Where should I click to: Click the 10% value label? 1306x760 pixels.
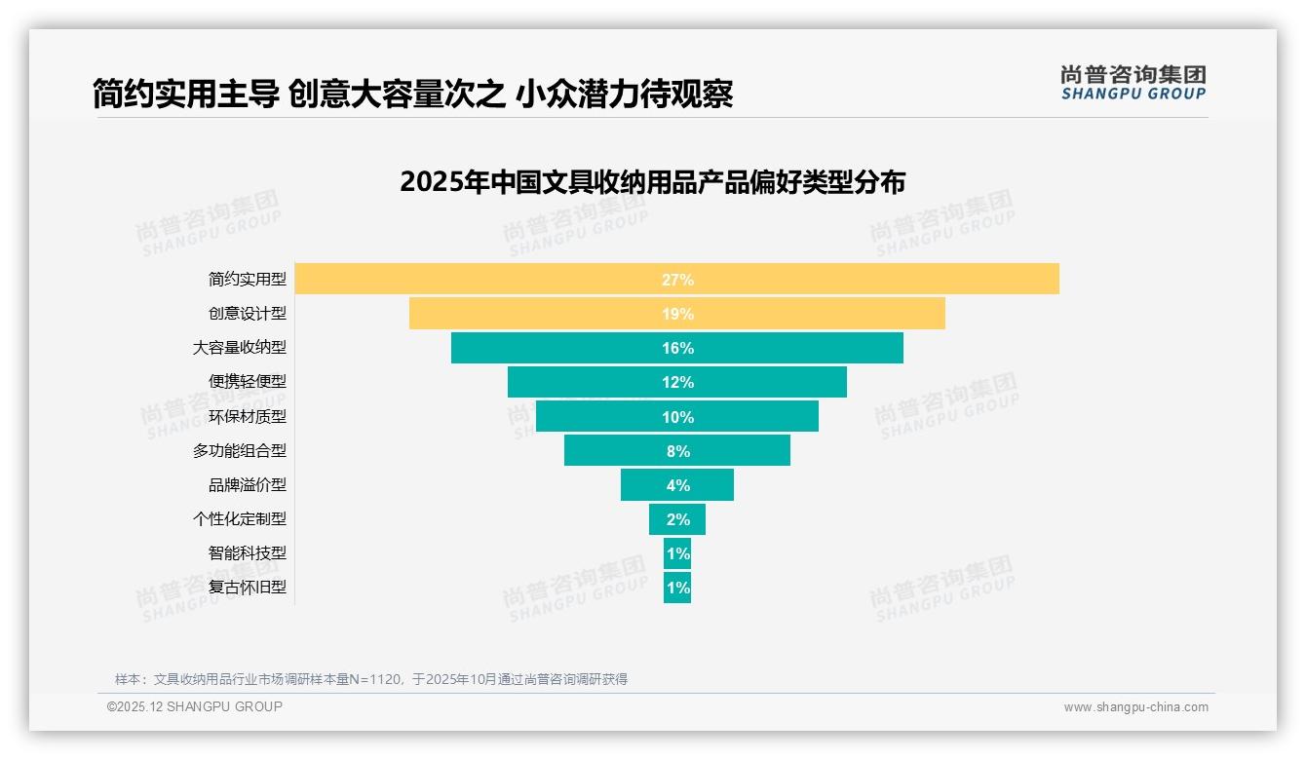tap(677, 417)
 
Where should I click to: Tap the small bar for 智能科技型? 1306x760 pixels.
tap(677, 553)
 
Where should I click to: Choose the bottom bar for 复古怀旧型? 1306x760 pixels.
tap(677, 588)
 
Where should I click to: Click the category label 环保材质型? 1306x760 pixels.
tap(248, 417)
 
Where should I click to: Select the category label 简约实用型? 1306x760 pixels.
tap(248, 280)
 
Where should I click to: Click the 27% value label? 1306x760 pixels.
tap(677, 280)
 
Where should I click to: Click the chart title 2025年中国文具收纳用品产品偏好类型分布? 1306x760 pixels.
tap(652, 182)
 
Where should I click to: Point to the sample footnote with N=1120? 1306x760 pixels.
tap(370, 679)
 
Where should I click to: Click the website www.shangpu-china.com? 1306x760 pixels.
tap(1135, 707)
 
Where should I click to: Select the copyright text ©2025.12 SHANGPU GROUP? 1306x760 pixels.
tap(195, 706)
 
